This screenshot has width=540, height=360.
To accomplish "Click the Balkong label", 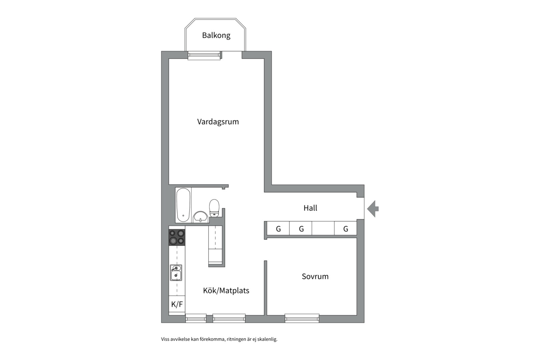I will click(216, 35).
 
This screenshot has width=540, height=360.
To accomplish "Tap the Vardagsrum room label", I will click(218, 122).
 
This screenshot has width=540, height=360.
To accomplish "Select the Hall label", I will click(310, 208).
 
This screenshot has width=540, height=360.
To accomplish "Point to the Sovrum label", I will click(315, 276).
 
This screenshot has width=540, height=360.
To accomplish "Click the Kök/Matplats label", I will click(226, 291).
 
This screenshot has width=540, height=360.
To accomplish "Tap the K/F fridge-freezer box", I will click(177, 304).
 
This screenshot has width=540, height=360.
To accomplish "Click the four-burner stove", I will click(177, 237).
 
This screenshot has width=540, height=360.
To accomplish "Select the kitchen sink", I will click(176, 273).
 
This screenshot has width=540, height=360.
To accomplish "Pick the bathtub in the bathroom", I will click(183, 205).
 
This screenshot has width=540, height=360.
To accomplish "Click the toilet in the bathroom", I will click(214, 207).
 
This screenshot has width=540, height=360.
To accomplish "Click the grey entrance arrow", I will click(373, 209).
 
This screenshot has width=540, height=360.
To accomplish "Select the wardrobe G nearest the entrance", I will click(346, 229).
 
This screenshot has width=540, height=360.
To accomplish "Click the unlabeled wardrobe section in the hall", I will click(323, 229).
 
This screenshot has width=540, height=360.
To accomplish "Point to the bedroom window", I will click(302, 318).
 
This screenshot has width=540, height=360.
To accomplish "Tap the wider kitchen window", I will click(229, 318).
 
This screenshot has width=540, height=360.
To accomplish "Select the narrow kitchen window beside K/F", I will click(196, 318).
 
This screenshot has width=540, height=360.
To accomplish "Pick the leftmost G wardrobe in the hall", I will click(278, 229).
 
